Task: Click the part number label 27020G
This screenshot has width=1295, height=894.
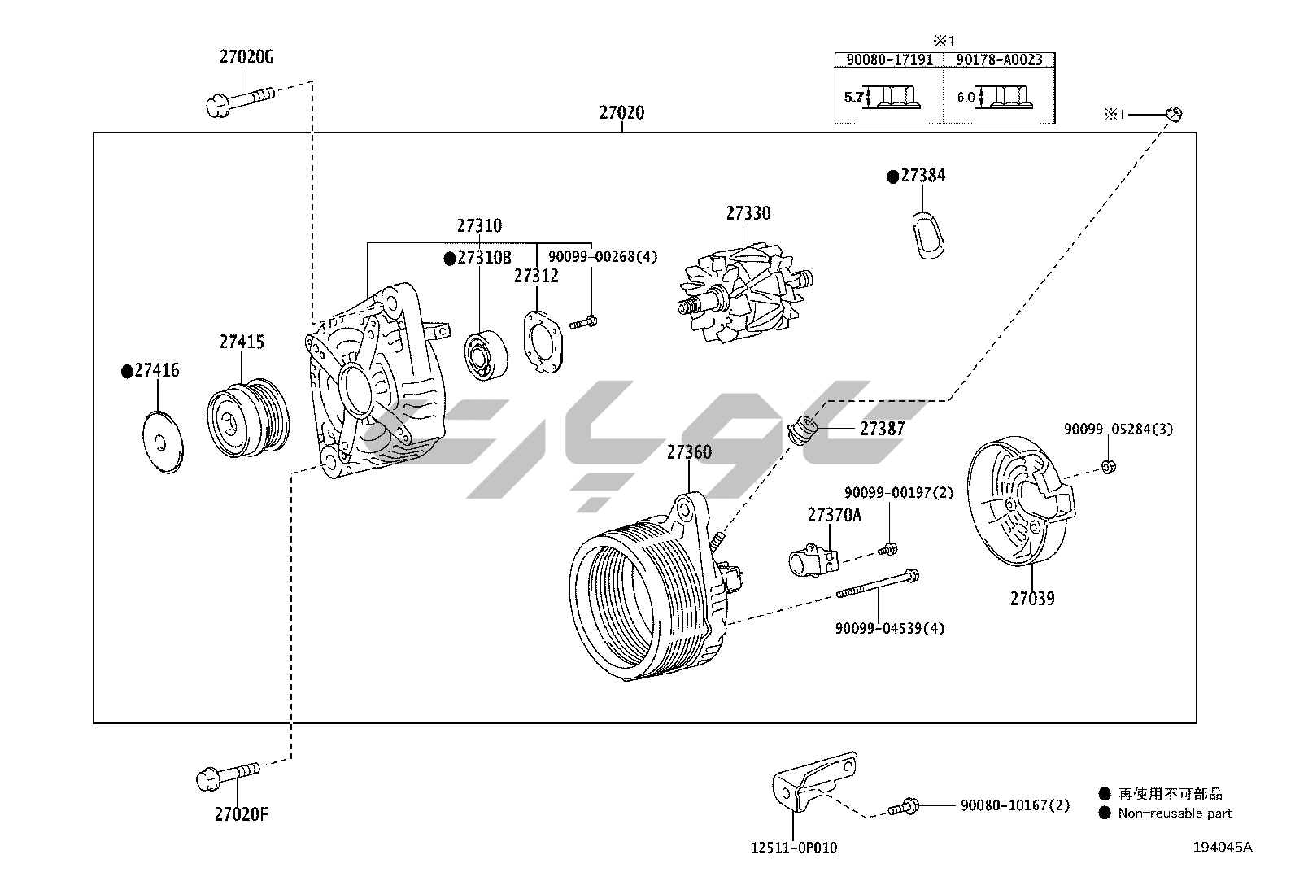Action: pos(246,57)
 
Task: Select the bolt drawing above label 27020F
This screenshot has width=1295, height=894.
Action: pos(228,775)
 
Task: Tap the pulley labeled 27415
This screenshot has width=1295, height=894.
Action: pos(249,417)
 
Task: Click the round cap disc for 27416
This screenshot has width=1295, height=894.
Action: pos(163,443)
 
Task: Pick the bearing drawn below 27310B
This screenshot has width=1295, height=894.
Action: pos(486,355)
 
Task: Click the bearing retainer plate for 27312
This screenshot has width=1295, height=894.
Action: pos(543,342)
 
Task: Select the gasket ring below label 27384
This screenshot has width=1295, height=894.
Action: pos(927,235)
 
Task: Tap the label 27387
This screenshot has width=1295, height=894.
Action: pos(883,429)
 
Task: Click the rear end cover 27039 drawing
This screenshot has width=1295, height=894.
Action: pos(1020,501)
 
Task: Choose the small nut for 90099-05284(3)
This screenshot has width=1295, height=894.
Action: pos(1108,465)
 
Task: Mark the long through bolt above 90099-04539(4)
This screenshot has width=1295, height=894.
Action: pos(878,583)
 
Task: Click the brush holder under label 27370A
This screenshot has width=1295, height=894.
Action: pos(813,560)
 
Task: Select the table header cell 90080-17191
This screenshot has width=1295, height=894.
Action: pos(889,60)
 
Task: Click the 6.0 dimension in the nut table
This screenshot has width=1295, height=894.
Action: pos(966,97)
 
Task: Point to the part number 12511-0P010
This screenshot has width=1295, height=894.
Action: pos(794,848)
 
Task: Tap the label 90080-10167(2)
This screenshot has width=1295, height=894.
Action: pos(1015,805)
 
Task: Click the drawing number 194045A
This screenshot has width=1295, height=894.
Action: pos(1222,847)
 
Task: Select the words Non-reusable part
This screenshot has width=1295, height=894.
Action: pos(1175,813)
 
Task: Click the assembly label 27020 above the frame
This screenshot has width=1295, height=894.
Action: pos(621,112)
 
